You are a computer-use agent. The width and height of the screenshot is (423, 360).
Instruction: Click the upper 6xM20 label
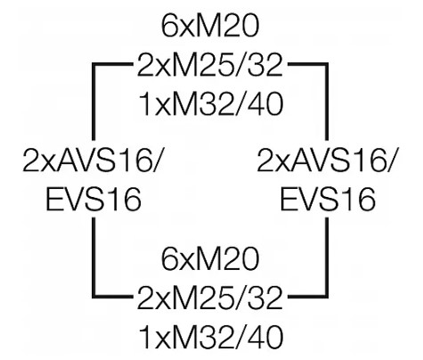[x=210, y=26]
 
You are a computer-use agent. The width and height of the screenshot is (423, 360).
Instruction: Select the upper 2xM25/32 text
[x=209, y=65]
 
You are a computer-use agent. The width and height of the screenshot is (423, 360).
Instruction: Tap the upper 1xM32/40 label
[x=211, y=104]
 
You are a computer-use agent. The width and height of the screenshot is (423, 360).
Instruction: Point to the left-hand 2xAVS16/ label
[x=93, y=160]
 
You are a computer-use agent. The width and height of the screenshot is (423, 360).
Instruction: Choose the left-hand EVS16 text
[x=94, y=200]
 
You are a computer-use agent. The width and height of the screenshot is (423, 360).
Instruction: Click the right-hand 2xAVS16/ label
[x=327, y=160]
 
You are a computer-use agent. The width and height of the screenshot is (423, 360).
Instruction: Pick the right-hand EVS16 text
[x=328, y=200]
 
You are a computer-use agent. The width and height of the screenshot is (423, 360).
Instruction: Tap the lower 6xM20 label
[x=210, y=258]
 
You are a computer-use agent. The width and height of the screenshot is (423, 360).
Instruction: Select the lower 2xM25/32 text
[x=209, y=298]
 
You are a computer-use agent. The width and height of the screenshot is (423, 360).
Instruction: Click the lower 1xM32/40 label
[x=211, y=337]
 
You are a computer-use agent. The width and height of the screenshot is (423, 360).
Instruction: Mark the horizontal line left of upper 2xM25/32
[x=112, y=64]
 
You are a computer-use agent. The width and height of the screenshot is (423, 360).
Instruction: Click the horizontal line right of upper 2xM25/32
[x=308, y=64]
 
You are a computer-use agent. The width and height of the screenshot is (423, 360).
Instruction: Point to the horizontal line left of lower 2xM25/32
[x=112, y=297]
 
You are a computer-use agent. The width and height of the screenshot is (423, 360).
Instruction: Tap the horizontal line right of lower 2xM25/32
[x=308, y=297]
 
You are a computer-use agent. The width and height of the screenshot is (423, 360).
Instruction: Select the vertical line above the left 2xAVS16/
[x=94, y=102]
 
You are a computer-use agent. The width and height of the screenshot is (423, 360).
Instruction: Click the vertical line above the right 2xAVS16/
[x=327, y=102]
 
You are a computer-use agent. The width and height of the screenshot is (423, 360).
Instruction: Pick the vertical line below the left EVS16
[x=94, y=258]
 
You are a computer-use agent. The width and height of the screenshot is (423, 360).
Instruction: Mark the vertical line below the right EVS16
[x=327, y=258]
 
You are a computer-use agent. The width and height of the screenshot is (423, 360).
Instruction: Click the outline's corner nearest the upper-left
[x=94, y=64]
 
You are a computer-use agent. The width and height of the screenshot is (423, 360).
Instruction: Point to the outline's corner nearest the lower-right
[x=327, y=297]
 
